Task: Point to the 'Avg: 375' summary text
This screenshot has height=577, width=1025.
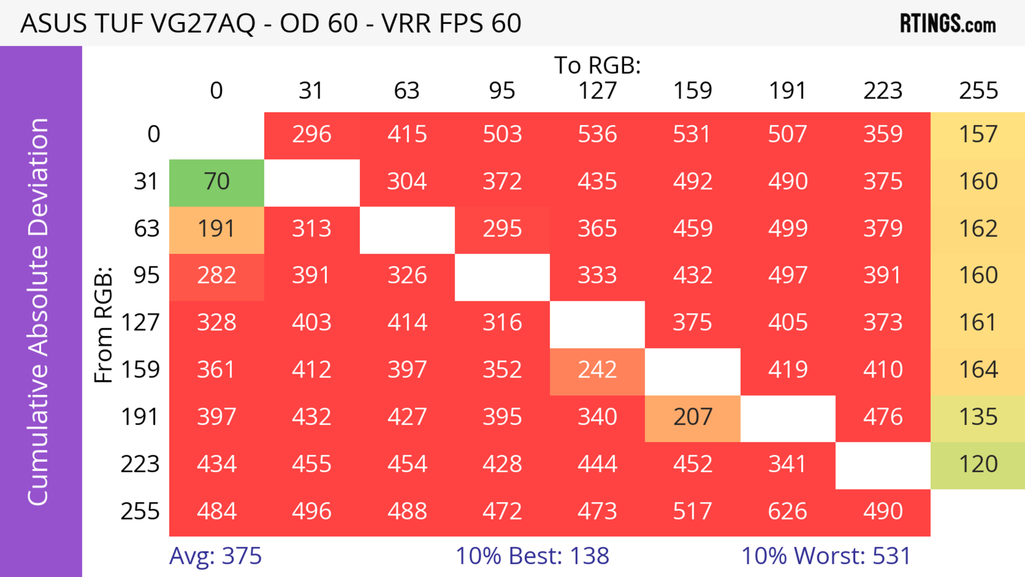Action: [x=215, y=556]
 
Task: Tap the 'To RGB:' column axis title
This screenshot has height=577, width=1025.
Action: [x=597, y=65]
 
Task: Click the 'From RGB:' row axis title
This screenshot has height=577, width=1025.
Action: [x=104, y=325]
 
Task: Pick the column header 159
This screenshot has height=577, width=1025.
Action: [x=692, y=91]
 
